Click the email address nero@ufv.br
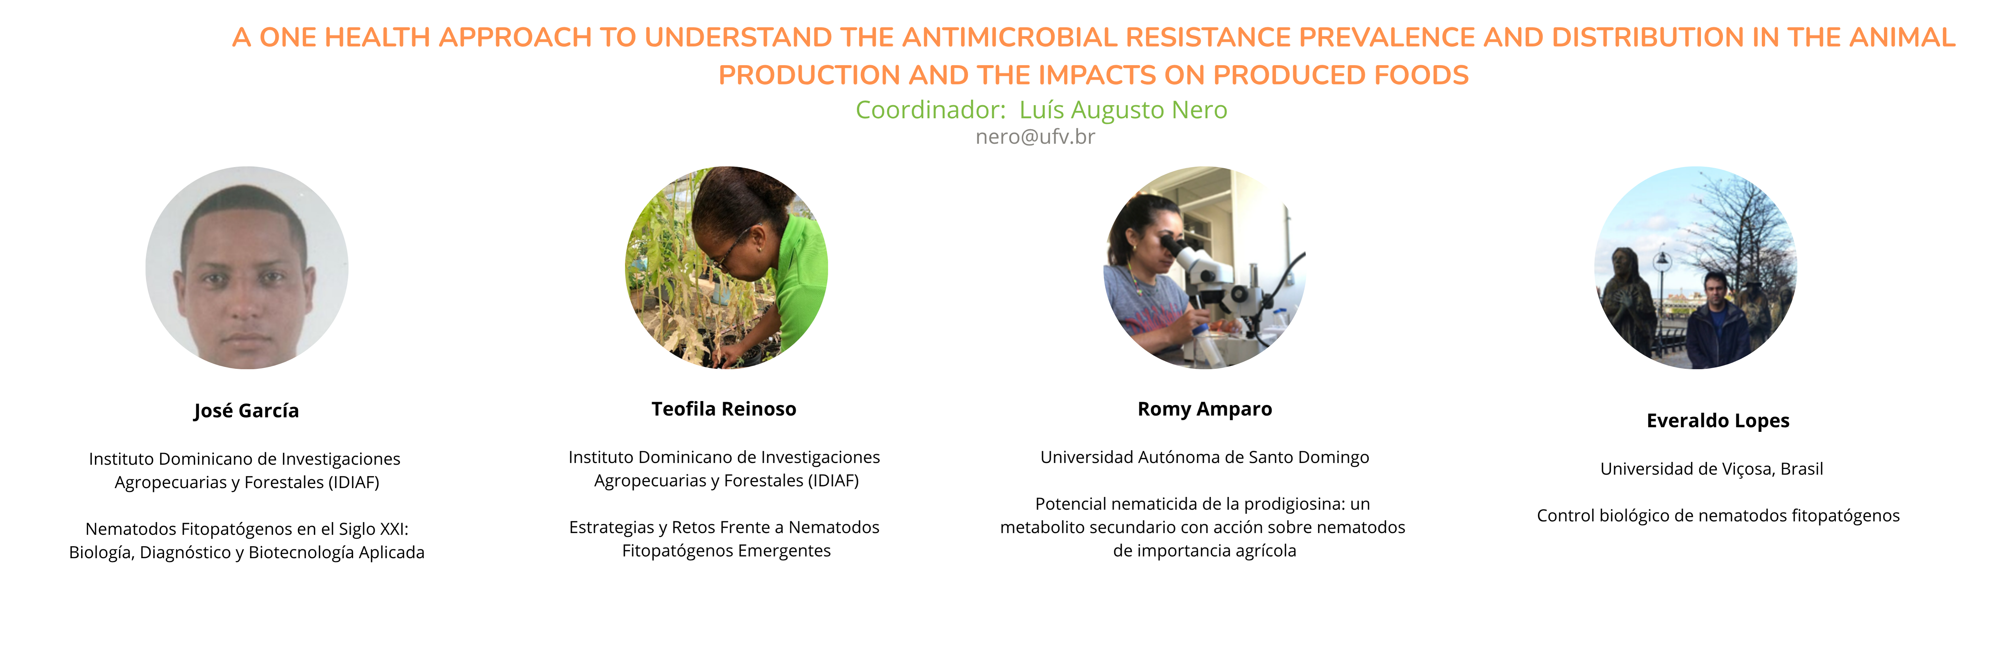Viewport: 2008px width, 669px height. coord(1035,137)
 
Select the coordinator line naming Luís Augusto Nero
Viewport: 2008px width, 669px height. coord(1041,110)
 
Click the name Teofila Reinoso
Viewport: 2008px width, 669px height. coord(724,409)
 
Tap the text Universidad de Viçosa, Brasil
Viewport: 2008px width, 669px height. coord(1712,469)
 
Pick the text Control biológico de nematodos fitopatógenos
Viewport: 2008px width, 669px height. coord(1718,516)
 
